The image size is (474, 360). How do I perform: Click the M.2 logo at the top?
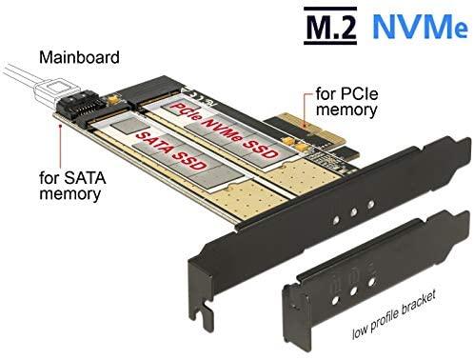[x=330, y=26]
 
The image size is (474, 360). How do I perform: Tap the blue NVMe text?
[x=420, y=26]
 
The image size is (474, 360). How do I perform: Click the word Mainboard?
[x=79, y=57]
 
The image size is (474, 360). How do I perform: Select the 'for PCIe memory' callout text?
[x=346, y=102]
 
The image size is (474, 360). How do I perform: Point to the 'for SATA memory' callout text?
[x=72, y=186]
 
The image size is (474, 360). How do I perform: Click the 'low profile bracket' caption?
[x=394, y=314]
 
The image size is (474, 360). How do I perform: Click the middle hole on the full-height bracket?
[x=353, y=212]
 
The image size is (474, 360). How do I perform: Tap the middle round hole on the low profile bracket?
[x=353, y=290]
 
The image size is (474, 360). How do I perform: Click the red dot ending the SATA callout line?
[x=60, y=126]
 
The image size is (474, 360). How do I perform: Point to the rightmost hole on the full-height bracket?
[x=370, y=205]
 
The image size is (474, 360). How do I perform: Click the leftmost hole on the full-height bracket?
[x=336, y=219]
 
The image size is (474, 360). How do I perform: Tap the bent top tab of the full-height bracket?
[x=444, y=150]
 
